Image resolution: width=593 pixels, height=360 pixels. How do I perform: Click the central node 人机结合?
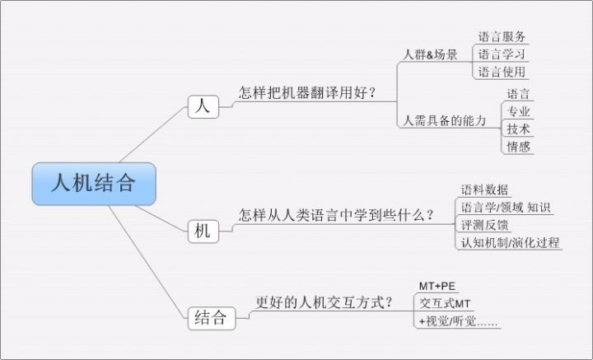coord(93,184)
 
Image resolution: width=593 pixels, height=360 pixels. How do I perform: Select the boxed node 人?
coord(203,106)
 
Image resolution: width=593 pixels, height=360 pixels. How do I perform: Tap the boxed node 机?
coord(203,231)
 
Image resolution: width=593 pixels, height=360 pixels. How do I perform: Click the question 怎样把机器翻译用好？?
coord(306,93)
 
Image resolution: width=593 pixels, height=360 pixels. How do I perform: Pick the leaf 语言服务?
coord(502,37)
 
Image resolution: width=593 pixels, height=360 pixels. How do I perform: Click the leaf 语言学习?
coord(502,54)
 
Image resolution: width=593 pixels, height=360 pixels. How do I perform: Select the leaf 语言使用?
coord(502,72)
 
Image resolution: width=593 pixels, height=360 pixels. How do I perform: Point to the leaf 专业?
coord(519,111)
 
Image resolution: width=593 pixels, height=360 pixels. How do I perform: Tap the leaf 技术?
coord(519,129)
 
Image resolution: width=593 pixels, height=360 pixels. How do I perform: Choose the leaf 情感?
coord(519,147)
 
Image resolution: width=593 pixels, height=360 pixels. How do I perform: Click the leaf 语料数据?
coord(485,190)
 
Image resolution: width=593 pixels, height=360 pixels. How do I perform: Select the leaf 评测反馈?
coord(485,224)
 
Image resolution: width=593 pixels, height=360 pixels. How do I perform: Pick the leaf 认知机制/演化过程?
coord(510,242)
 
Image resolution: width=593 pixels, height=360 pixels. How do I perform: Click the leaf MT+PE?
coord(437,286)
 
